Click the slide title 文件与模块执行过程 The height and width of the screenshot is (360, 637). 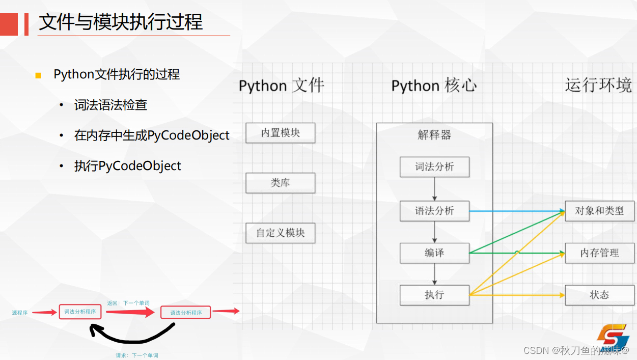[121, 22]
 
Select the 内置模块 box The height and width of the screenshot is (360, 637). [280, 133]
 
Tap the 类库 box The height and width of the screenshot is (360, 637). [280, 183]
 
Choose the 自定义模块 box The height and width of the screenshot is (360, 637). [280, 233]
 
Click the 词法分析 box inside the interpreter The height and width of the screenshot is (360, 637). [434, 167]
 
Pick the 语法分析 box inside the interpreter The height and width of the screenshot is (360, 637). [434, 211]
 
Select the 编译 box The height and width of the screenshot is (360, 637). [434, 253]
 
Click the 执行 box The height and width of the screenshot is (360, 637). [434, 295]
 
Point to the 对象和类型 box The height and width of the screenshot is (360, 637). [599, 211]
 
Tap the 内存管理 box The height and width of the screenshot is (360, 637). [599, 253]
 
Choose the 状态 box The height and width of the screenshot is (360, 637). [599, 295]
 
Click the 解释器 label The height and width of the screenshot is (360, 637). [434, 135]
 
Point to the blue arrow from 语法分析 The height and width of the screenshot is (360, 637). [517, 211]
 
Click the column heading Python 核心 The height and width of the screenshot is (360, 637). [434, 86]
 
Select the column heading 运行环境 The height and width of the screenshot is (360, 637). [598, 85]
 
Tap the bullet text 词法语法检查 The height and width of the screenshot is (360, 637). [110, 105]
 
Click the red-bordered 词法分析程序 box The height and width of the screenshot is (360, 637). [80, 312]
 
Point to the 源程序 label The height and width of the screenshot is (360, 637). [20, 313]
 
